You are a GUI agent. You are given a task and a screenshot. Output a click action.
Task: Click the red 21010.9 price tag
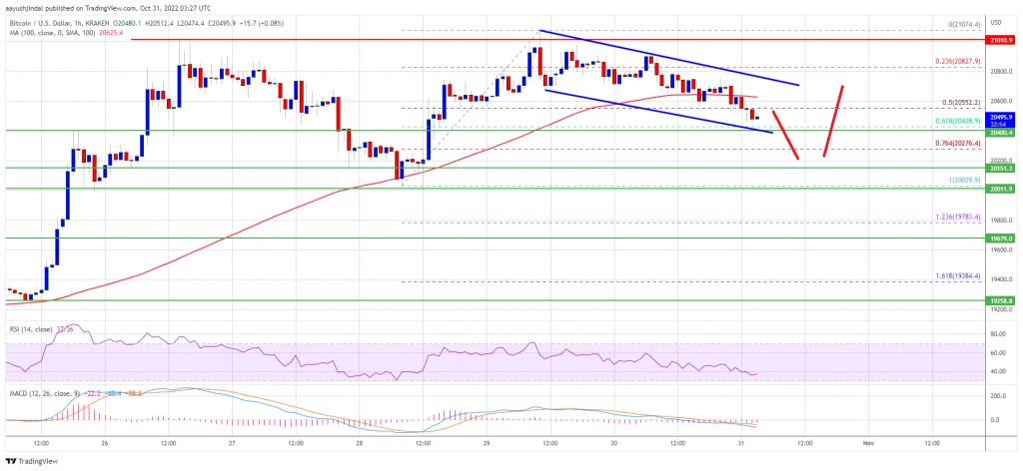point(999,41)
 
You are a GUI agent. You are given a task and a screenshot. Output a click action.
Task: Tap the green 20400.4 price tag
point(999,132)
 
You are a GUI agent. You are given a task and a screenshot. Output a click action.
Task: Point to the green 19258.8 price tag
point(999,299)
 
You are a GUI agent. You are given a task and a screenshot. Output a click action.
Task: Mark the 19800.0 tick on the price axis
point(999,221)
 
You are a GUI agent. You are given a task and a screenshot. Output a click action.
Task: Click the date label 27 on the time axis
point(232,441)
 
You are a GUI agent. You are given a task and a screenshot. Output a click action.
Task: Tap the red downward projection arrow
point(784,132)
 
